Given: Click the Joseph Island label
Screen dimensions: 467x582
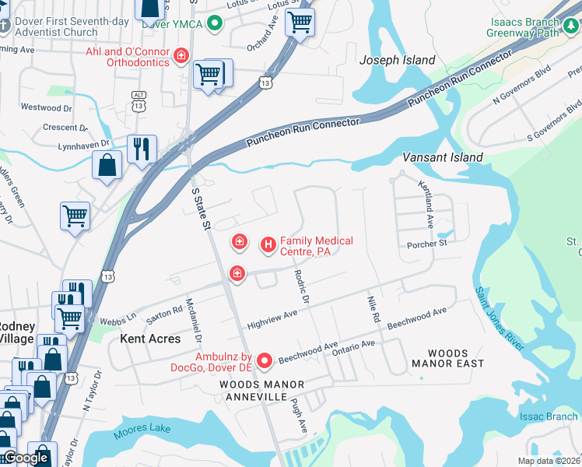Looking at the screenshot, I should tap(397, 60).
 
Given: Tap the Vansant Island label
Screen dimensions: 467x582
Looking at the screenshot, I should tap(442, 157).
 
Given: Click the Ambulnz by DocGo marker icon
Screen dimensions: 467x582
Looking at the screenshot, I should tap(265, 360).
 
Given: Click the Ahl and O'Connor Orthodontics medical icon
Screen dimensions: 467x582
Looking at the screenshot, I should tap(181, 55).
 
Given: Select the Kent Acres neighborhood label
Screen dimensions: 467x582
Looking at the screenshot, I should tap(150, 339).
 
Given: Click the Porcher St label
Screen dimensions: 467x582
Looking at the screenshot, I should tap(427, 244).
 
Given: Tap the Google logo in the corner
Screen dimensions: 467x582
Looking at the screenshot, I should tap(25, 458).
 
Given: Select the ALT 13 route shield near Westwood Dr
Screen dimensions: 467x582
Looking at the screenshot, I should tap(139, 99).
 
